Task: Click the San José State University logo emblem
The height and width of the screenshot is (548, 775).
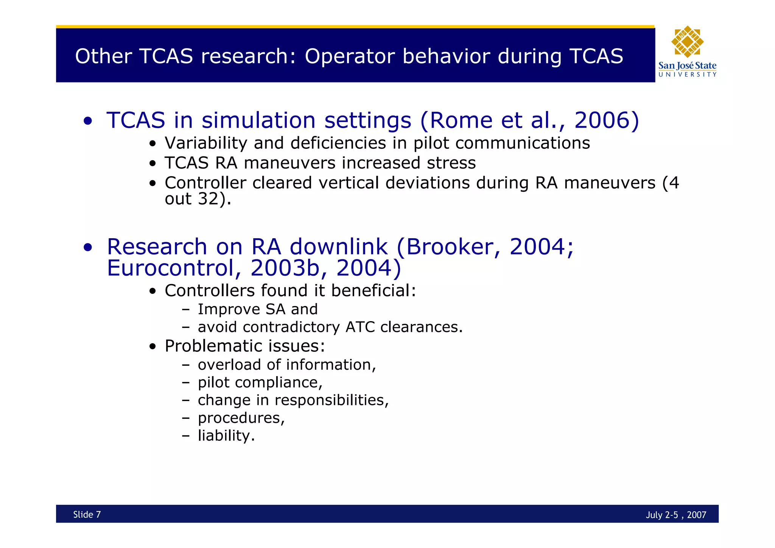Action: point(687,42)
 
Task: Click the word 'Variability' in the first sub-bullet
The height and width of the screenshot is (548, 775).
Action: point(206,143)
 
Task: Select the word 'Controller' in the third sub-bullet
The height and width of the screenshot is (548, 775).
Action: point(205,183)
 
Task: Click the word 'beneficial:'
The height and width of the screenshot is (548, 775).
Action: point(373,291)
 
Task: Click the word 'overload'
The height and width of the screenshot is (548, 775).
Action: point(229,365)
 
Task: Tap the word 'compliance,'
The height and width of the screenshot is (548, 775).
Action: point(279,383)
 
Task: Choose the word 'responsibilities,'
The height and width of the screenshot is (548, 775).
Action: point(331,400)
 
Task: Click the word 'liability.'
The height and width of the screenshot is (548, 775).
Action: point(226,436)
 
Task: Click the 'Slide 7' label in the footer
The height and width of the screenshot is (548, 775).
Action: point(87,514)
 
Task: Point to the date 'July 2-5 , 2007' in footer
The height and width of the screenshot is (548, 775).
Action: point(676,515)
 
